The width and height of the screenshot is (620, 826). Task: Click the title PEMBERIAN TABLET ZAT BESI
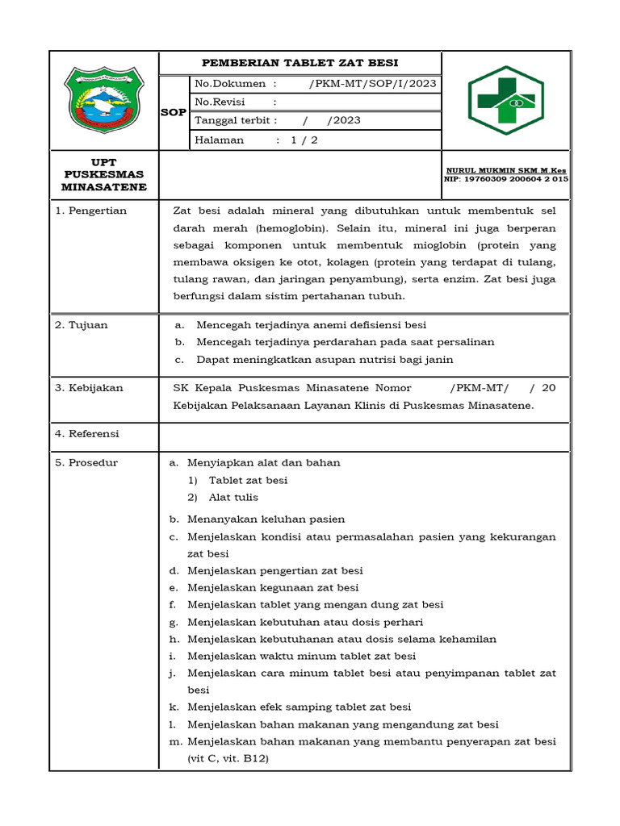[300, 63]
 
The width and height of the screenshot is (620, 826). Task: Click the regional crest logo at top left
[104, 100]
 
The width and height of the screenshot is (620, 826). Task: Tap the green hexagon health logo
[507, 100]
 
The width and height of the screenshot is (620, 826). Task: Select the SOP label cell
[173, 112]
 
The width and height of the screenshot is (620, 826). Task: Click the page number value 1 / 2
[304, 140]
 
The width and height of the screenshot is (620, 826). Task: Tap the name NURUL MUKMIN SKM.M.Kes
[506, 170]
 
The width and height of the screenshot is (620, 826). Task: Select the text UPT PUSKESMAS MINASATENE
[105, 174]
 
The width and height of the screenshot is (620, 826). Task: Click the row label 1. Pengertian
[90, 211]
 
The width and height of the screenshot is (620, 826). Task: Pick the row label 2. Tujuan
[81, 325]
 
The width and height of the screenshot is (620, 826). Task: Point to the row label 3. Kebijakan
[89, 388]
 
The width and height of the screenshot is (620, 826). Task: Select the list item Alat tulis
[233, 498]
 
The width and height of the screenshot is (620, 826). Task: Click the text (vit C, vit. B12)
[228, 759]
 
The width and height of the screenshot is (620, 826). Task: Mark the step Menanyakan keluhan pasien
[266, 519]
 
